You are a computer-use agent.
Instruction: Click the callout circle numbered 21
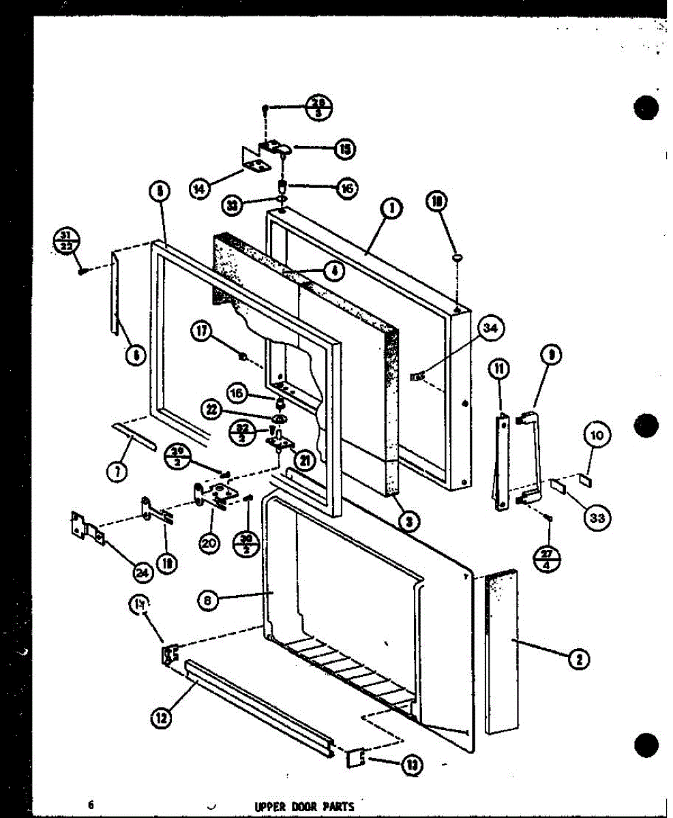(x=304, y=461)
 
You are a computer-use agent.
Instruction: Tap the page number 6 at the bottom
(x=90, y=804)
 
